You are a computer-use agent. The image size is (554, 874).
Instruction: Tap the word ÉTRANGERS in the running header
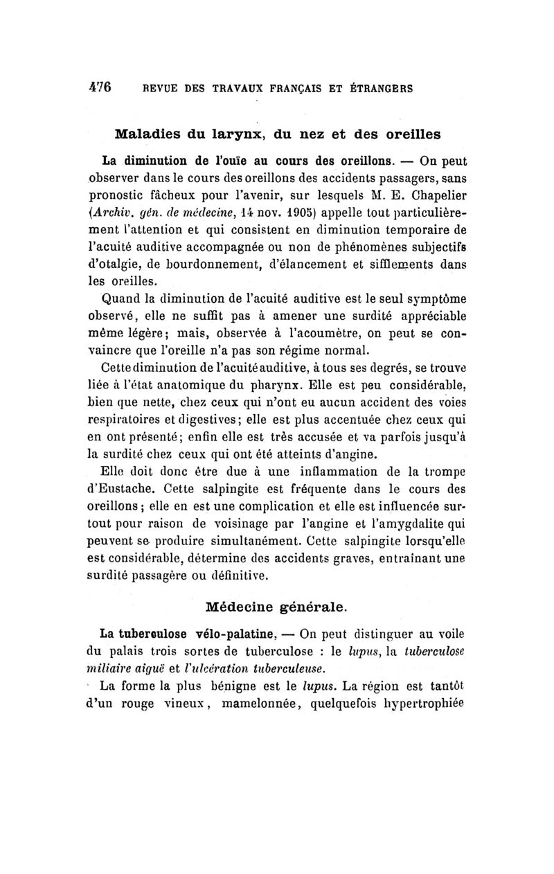click(x=380, y=89)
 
